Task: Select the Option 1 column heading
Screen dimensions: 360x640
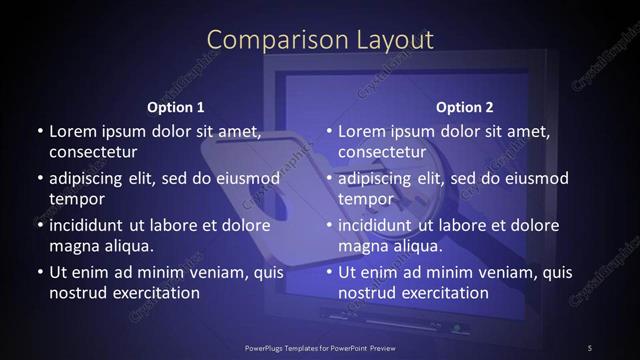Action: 176,107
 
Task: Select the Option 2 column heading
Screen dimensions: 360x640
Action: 465,107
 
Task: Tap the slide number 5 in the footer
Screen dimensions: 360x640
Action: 590,347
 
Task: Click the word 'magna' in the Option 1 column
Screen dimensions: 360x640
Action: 74,245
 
